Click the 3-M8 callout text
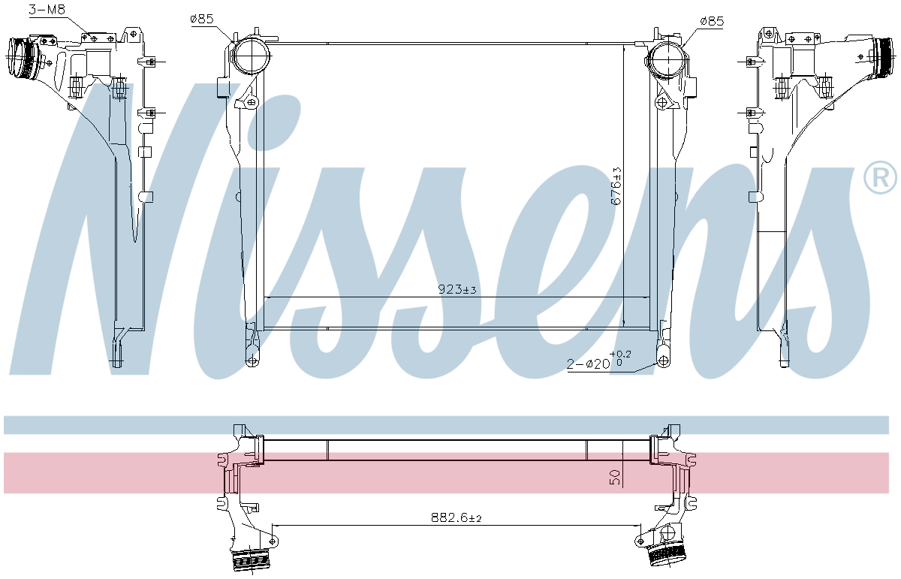(x=47, y=10)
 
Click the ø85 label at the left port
(x=202, y=19)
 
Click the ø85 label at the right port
(x=712, y=21)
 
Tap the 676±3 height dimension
(x=616, y=186)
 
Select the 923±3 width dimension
(x=457, y=289)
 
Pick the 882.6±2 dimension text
(x=457, y=517)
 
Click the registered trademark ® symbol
(x=880, y=178)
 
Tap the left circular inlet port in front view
(x=252, y=57)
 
